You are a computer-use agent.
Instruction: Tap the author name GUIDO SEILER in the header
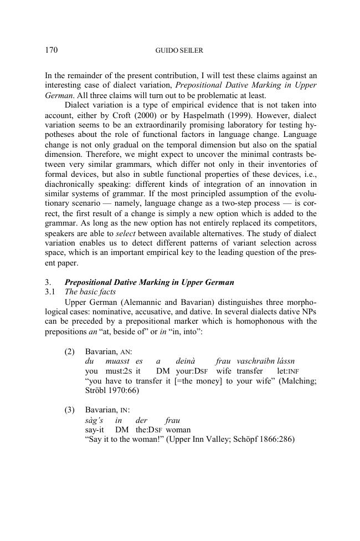pyautogui.click(x=179, y=51)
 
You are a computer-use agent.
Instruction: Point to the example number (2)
pyautogui.click(x=70, y=351)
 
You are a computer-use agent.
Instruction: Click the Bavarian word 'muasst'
pyautogui.click(x=117, y=361)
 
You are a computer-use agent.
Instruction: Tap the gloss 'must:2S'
pyautogui.click(x=117, y=371)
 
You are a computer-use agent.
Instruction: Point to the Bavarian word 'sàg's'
pyautogui.click(x=94, y=420)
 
